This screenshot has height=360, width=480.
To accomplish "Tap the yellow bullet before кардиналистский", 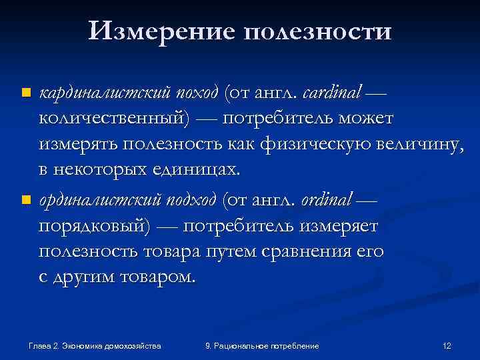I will [25, 91].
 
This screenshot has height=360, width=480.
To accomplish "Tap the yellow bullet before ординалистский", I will [25, 199].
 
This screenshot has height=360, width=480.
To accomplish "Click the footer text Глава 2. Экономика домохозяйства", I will [95, 346].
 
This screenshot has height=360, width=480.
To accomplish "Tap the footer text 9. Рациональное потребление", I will [262, 346].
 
